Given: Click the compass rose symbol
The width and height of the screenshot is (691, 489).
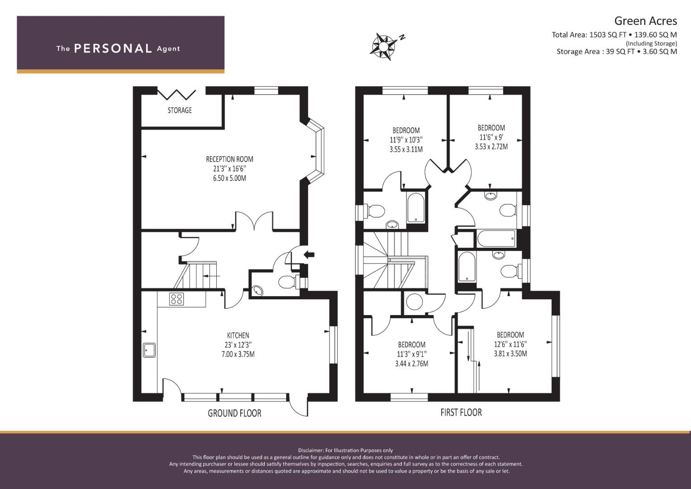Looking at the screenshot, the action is coord(383,47).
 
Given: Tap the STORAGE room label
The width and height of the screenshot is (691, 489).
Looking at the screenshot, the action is coord(180,110).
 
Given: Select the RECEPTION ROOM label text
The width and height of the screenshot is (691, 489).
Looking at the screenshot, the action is coord(229,159).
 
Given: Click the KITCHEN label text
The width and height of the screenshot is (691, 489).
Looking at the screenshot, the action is coord(238,335).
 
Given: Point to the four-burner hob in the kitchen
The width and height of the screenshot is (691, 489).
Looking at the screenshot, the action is coord(176,299).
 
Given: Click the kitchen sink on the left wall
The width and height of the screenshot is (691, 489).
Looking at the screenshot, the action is coord(149,350).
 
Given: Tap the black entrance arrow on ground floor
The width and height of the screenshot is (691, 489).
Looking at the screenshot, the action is coord(309,254).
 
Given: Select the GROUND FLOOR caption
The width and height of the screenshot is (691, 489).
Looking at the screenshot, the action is coord(234,413).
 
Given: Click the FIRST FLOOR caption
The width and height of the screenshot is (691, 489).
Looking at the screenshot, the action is coord(461,412).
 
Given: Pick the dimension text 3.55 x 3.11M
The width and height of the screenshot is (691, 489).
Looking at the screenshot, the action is coord(406,149).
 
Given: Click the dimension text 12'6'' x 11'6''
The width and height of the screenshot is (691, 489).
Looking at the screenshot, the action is coord(510,344).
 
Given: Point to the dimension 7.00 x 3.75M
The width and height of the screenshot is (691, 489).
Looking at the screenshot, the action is coord(238,354).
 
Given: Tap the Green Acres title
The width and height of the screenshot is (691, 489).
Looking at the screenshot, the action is coord(646,21).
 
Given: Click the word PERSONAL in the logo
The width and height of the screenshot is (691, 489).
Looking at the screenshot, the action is coord(113,48).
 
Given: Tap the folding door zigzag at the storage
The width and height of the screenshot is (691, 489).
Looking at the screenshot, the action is coord(177,95).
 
